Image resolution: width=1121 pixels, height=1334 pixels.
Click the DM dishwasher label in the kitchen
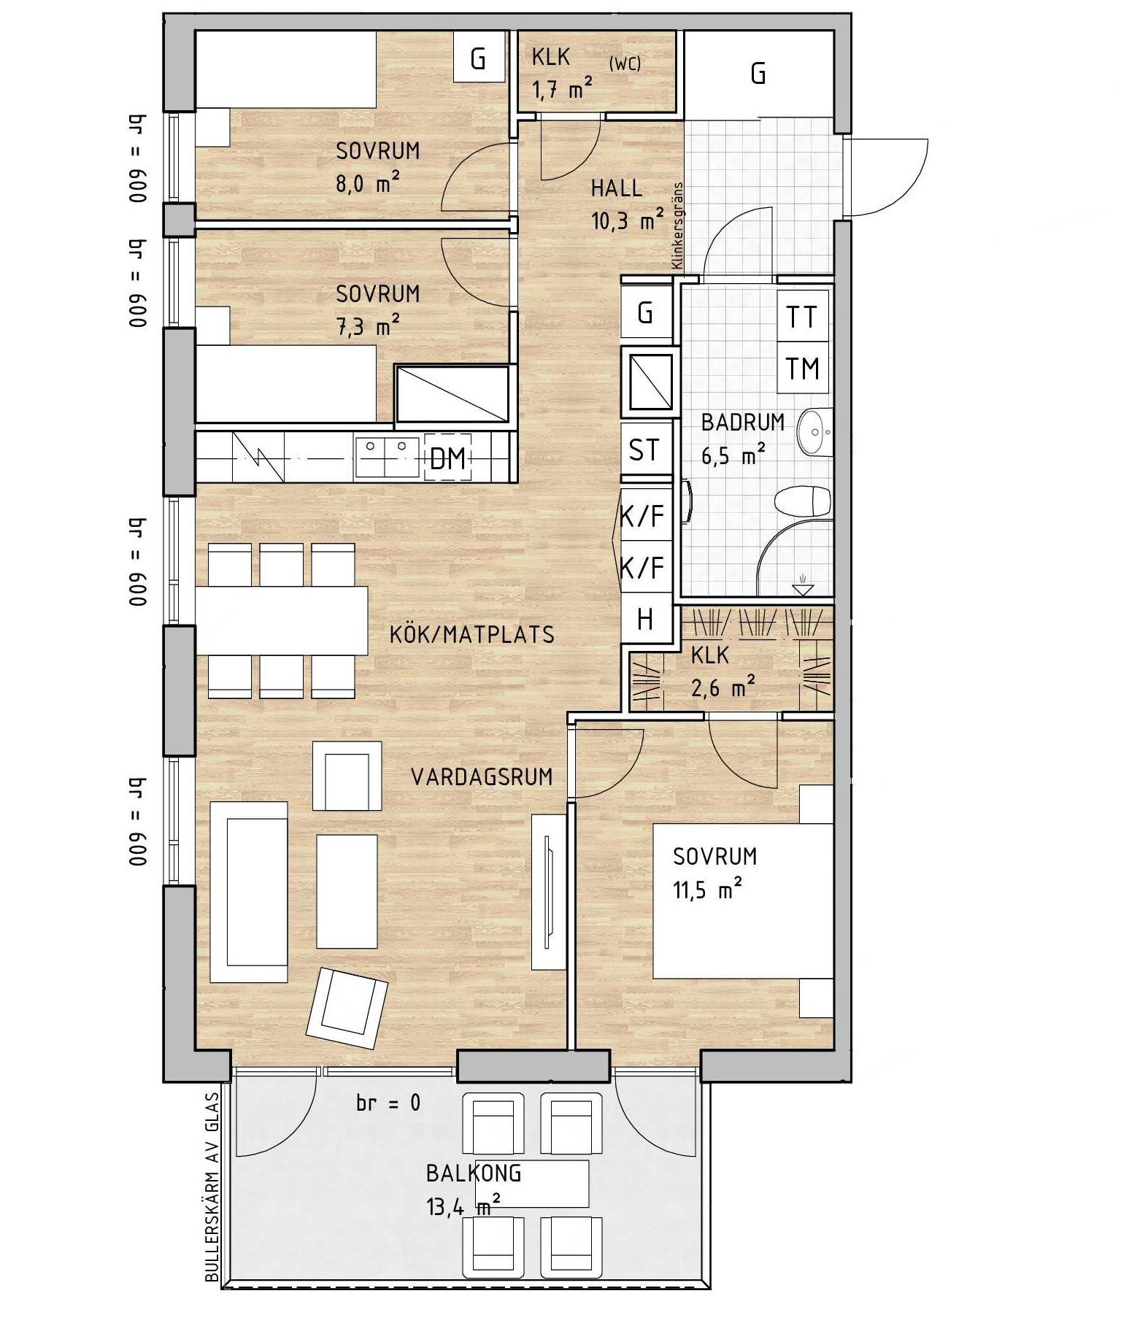(x=448, y=458)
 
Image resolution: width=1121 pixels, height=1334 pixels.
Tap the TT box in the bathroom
(x=803, y=316)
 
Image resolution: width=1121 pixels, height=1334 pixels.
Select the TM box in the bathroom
(x=803, y=369)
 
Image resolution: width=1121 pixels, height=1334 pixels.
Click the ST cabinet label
(x=644, y=450)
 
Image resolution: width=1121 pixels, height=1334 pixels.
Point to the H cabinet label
(x=645, y=620)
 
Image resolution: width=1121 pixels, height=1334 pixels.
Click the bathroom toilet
(x=803, y=501)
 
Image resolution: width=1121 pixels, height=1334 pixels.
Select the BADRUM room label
(x=743, y=423)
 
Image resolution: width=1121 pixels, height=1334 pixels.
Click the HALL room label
(x=617, y=188)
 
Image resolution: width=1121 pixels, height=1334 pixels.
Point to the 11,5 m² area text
(x=707, y=890)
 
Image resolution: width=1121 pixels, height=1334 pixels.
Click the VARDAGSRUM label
(x=482, y=776)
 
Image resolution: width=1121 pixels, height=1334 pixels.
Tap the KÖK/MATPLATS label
(x=472, y=634)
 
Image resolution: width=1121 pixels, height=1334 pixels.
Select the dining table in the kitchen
(x=282, y=620)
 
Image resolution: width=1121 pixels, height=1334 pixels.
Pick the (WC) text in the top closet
(x=625, y=63)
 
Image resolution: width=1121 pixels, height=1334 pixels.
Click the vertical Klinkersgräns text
(x=677, y=225)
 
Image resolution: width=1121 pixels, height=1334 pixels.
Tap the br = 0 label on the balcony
(x=388, y=1102)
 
